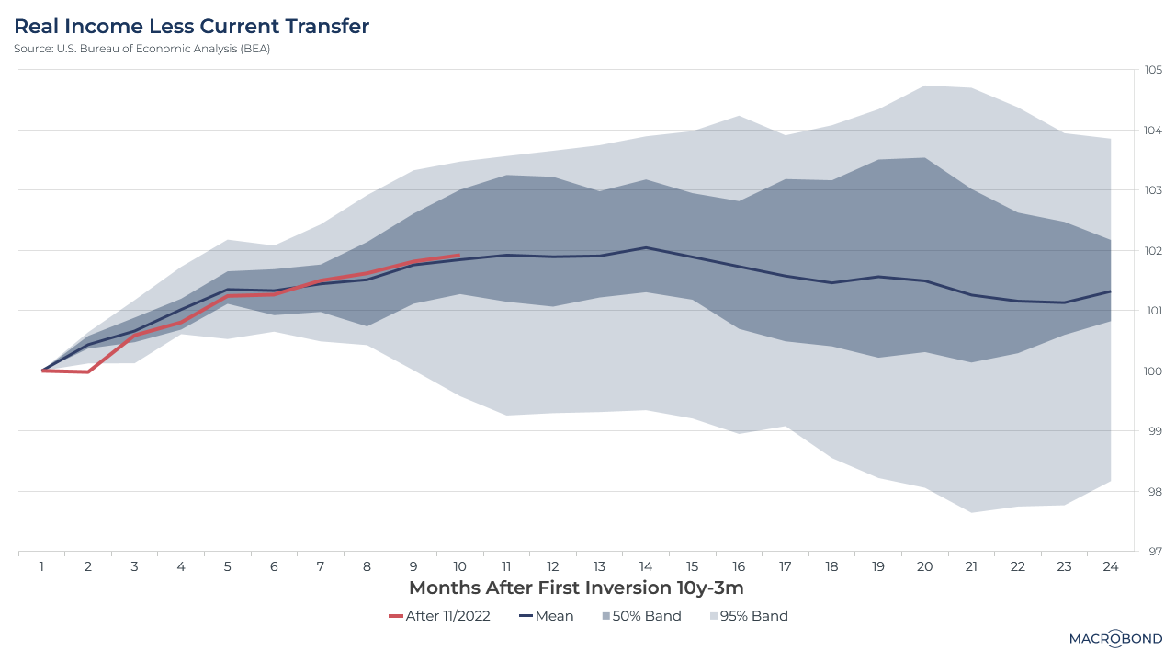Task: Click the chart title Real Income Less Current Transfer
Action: pyautogui.click(x=191, y=27)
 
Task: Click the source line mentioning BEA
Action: pyautogui.click(x=141, y=49)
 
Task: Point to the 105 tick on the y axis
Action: pyautogui.click(x=1153, y=70)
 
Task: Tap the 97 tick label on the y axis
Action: pyautogui.click(x=1152, y=552)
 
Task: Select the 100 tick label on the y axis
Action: pyautogui.click(x=1153, y=371)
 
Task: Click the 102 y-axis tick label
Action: pyautogui.click(x=1153, y=250)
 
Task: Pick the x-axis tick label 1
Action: pyautogui.click(x=42, y=567)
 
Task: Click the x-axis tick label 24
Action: pyautogui.click(x=1110, y=567)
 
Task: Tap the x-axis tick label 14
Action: pyautogui.click(x=646, y=567)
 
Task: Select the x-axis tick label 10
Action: pyautogui.click(x=459, y=567)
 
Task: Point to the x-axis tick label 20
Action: pyautogui.click(x=924, y=567)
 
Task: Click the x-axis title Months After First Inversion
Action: pyautogui.click(x=575, y=588)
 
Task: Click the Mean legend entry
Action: pyautogui.click(x=546, y=616)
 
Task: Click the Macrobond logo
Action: pyautogui.click(x=1115, y=639)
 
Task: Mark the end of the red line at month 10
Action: pyautogui.click(x=458, y=256)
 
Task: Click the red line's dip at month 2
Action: pyautogui.click(x=88, y=371)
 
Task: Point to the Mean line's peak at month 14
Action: pyautogui.click(x=646, y=247)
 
